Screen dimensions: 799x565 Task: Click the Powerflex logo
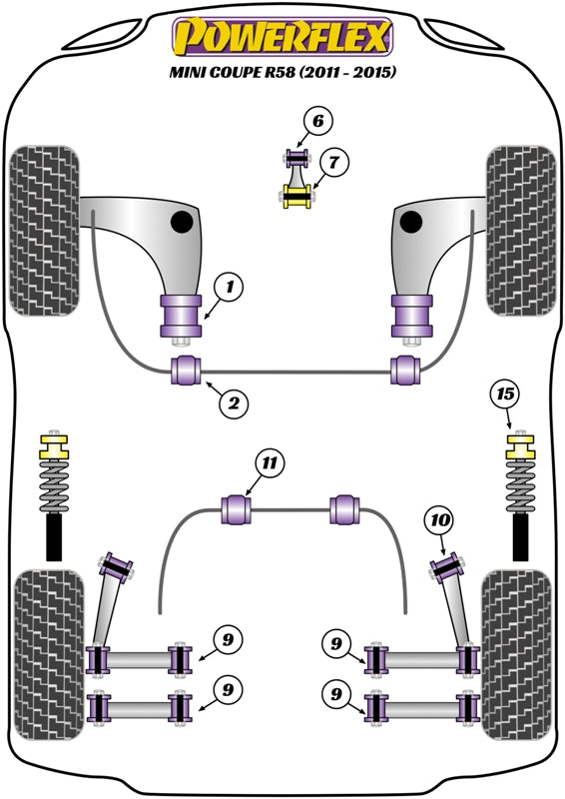(282, 37)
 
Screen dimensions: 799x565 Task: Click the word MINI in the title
(191, 73)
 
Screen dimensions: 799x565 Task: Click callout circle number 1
(230, 289)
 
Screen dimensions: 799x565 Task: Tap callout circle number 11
(268, 462)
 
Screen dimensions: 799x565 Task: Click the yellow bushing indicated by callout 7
(297, 195)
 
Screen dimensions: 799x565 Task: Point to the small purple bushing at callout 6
(295, 157)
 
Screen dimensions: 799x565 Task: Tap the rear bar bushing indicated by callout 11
(239, 507)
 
